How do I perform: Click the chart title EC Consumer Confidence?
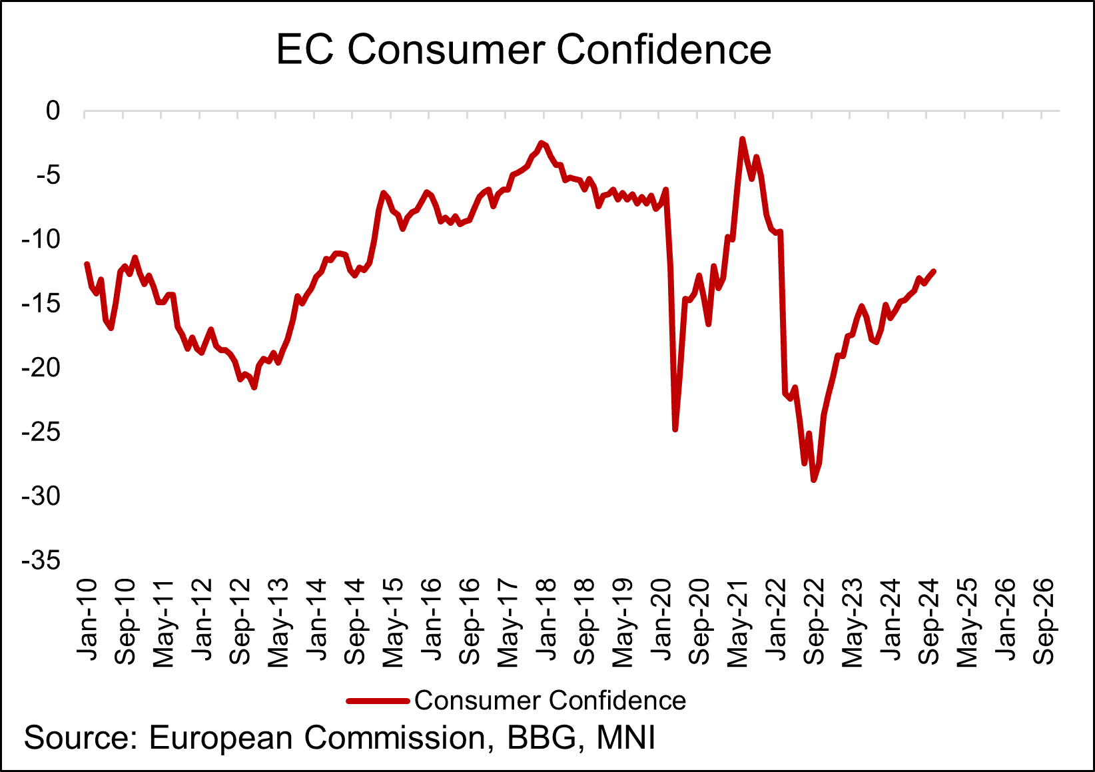click(524, 49)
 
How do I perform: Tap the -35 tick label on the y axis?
click(41, 561)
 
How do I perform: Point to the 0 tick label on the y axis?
click(53, 111)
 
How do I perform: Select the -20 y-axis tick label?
click(41, 368)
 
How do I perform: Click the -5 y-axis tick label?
click(47, 175)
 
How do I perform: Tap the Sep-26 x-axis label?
click(1044, 620)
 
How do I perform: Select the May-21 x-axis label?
click(738, 621)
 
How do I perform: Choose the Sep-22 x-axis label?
click(815, 620)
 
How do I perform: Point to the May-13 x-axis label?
click(278, 621)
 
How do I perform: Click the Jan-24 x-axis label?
click(891, 620)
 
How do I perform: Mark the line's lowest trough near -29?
click(813, 480)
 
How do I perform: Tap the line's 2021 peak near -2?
click(742, 139)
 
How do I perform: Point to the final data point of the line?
click(934, 271)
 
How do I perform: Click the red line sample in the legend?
click(377, 701)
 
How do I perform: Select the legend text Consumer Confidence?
click(550, 701)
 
